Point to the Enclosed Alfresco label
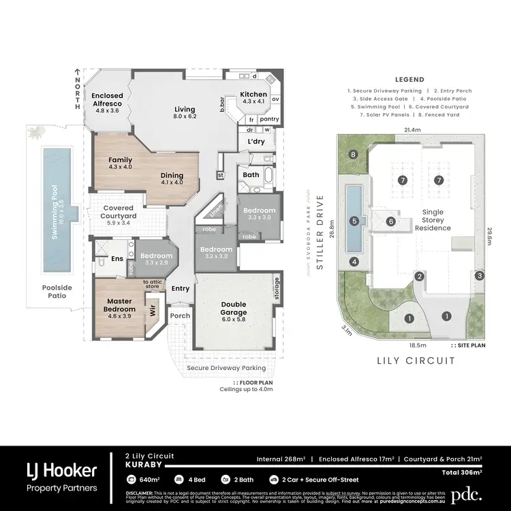tap(108, 100)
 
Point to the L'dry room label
tap(256, 141)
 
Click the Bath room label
tap(251, 175)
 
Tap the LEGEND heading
tap(409, 80)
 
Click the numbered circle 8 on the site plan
tap(353, 155)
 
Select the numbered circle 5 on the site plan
tap(354, 221)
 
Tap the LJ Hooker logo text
tap(61, 469)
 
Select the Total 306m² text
tap(461, 471)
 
